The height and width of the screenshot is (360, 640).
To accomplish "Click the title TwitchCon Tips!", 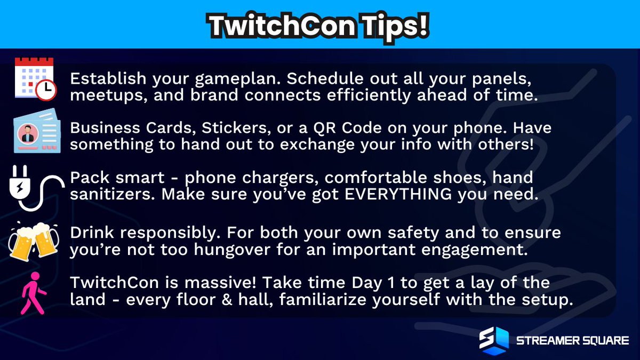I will click(x=319, y=24).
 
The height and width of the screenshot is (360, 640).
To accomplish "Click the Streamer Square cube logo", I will click(x=493, y=340).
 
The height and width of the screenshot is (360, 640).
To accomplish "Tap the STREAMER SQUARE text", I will click(x=572, y=340).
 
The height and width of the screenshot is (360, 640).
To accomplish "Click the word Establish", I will click(x=100, y=79).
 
